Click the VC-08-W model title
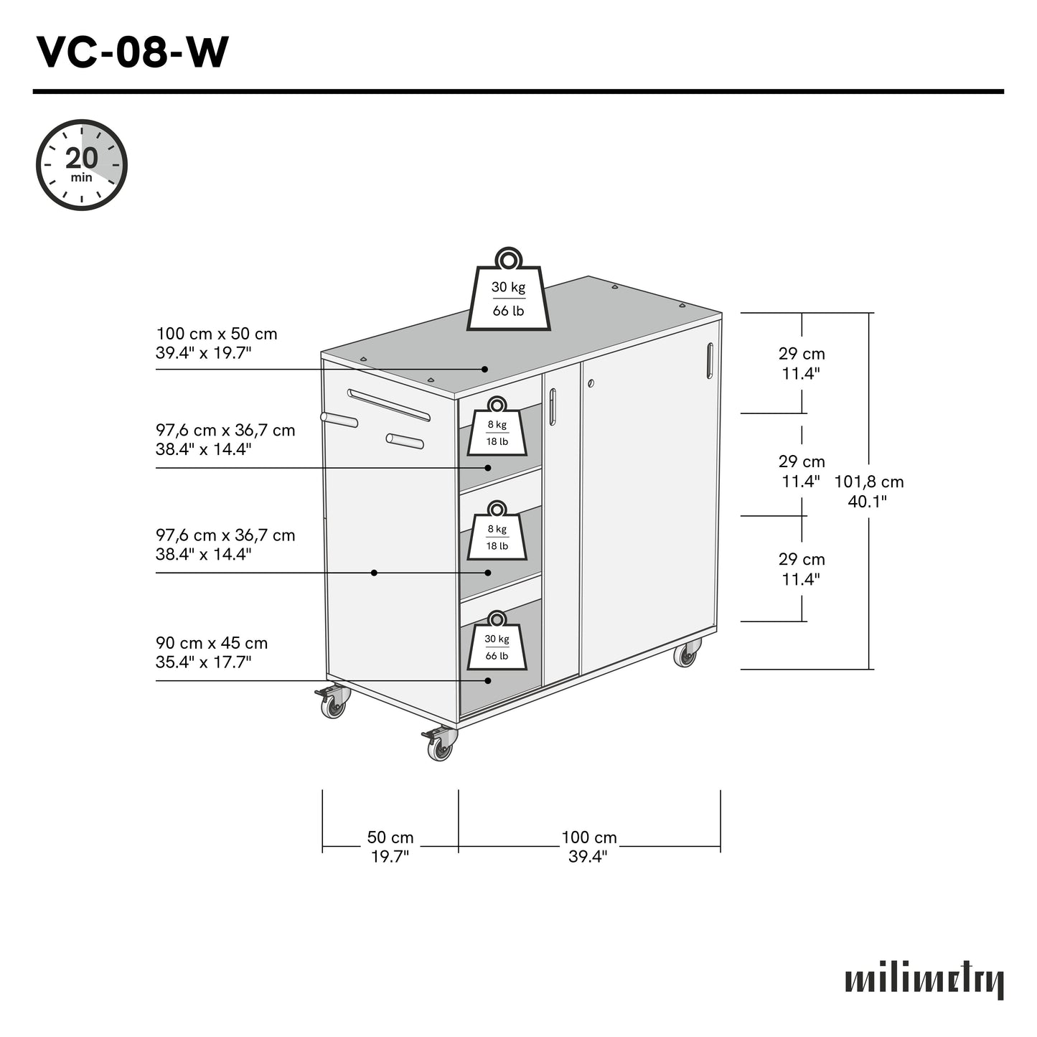[133, 53]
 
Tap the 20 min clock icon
[82, 165]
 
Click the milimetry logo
[924, 980]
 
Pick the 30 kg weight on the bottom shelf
[497, 643]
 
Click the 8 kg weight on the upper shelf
[497, 428]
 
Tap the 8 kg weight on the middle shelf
[497, 533]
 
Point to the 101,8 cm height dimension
[868, 491]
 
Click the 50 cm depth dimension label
[390, 847]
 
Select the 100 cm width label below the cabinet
[588, 847]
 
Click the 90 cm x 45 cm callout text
[212, 652]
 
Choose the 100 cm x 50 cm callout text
[217, 343]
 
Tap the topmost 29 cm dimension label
[802, 363]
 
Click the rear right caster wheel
[687, 655]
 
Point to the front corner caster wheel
[439, 746]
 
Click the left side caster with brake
[332, 703]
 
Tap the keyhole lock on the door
[591, 383]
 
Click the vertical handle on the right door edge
[710, 360]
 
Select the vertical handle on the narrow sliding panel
[552, 407]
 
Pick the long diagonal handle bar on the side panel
[388, 405]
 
